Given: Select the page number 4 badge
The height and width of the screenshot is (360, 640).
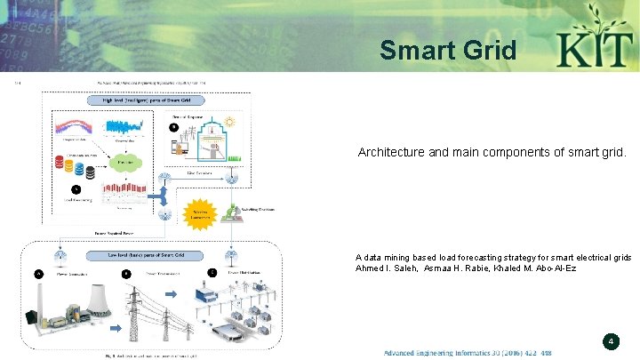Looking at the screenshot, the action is (611, 340).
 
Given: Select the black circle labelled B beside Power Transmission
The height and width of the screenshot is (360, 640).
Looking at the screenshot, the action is (125, 274).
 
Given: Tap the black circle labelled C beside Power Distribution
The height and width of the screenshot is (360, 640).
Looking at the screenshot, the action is (212, 272).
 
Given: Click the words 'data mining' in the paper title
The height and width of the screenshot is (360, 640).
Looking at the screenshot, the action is (390, 257).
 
